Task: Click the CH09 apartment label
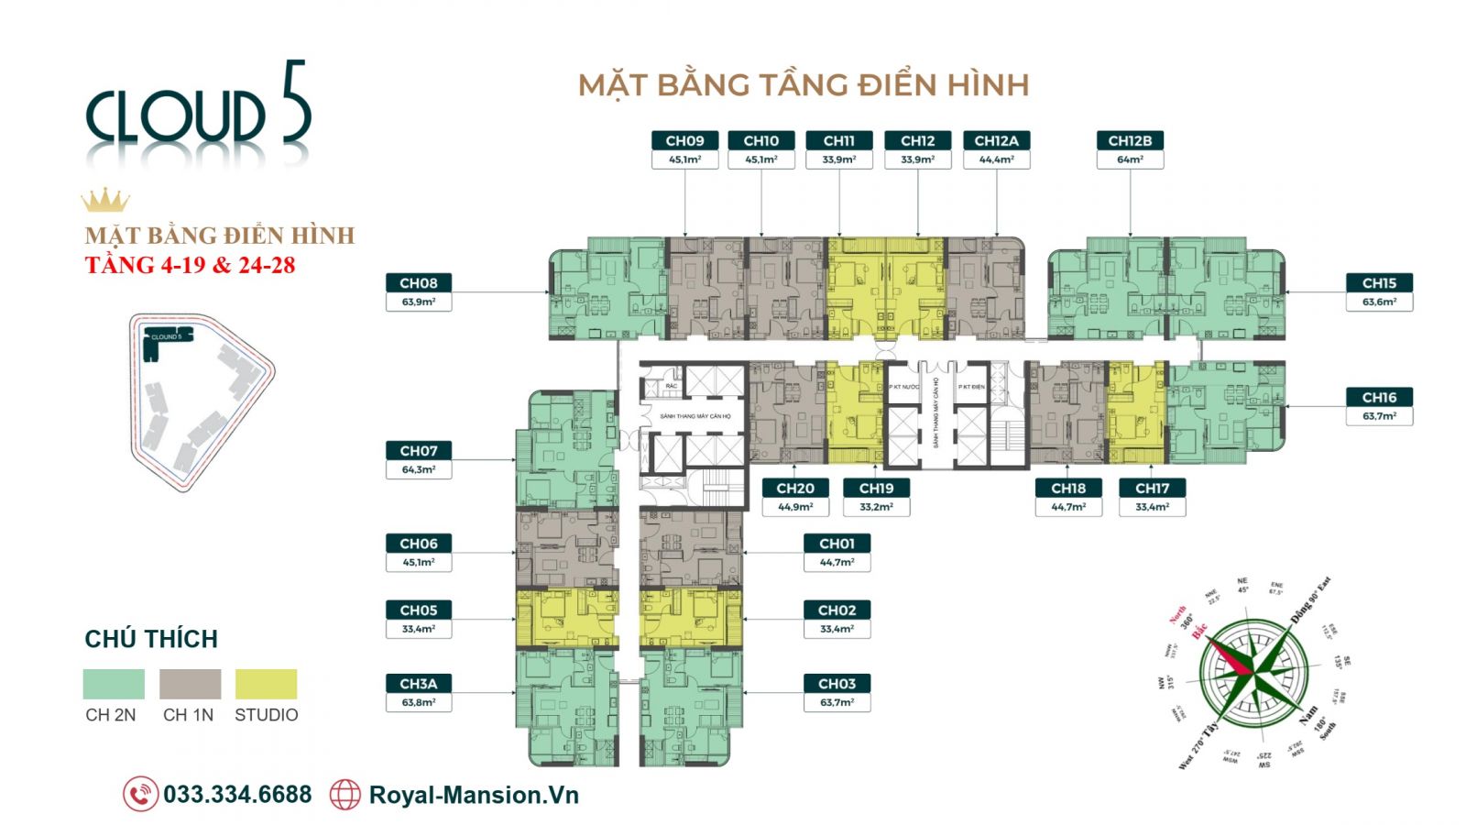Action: tap(684, 140)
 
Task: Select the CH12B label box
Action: tap(1130, 140)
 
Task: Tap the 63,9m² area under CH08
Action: tap(419, 302)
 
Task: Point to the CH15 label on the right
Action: tap(1379, 283)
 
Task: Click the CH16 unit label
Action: tap(1379, 397)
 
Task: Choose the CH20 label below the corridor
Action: tap(795, 489)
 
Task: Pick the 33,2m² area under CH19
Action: tap(876, 507)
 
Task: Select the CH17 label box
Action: tap(1152, 489)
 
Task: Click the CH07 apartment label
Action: tap(419, 451)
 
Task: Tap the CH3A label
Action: tap(419, 684)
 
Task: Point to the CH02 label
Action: tap(837, 610)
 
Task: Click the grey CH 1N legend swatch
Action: tap(190, 684)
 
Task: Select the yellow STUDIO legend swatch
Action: tap(266, 684)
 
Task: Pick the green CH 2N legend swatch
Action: tap(114, 684)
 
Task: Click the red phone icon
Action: tap(140, 794)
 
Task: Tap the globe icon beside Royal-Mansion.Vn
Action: tap(345, 794)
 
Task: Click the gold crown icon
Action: tap(104, 200)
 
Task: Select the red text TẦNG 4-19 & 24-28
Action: tap(190, 266)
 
